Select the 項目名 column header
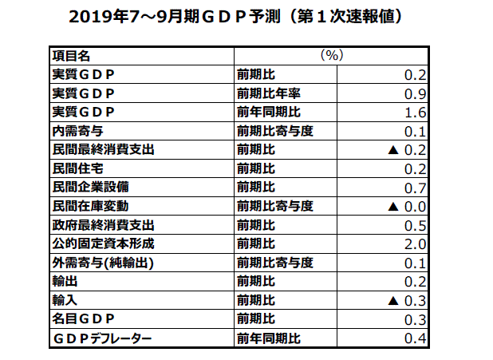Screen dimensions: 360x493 tap(71, 56)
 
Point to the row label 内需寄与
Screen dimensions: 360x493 tap(77, 131)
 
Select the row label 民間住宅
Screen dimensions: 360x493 tap(77, 168)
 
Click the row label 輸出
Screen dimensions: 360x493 tap(63, 281)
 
